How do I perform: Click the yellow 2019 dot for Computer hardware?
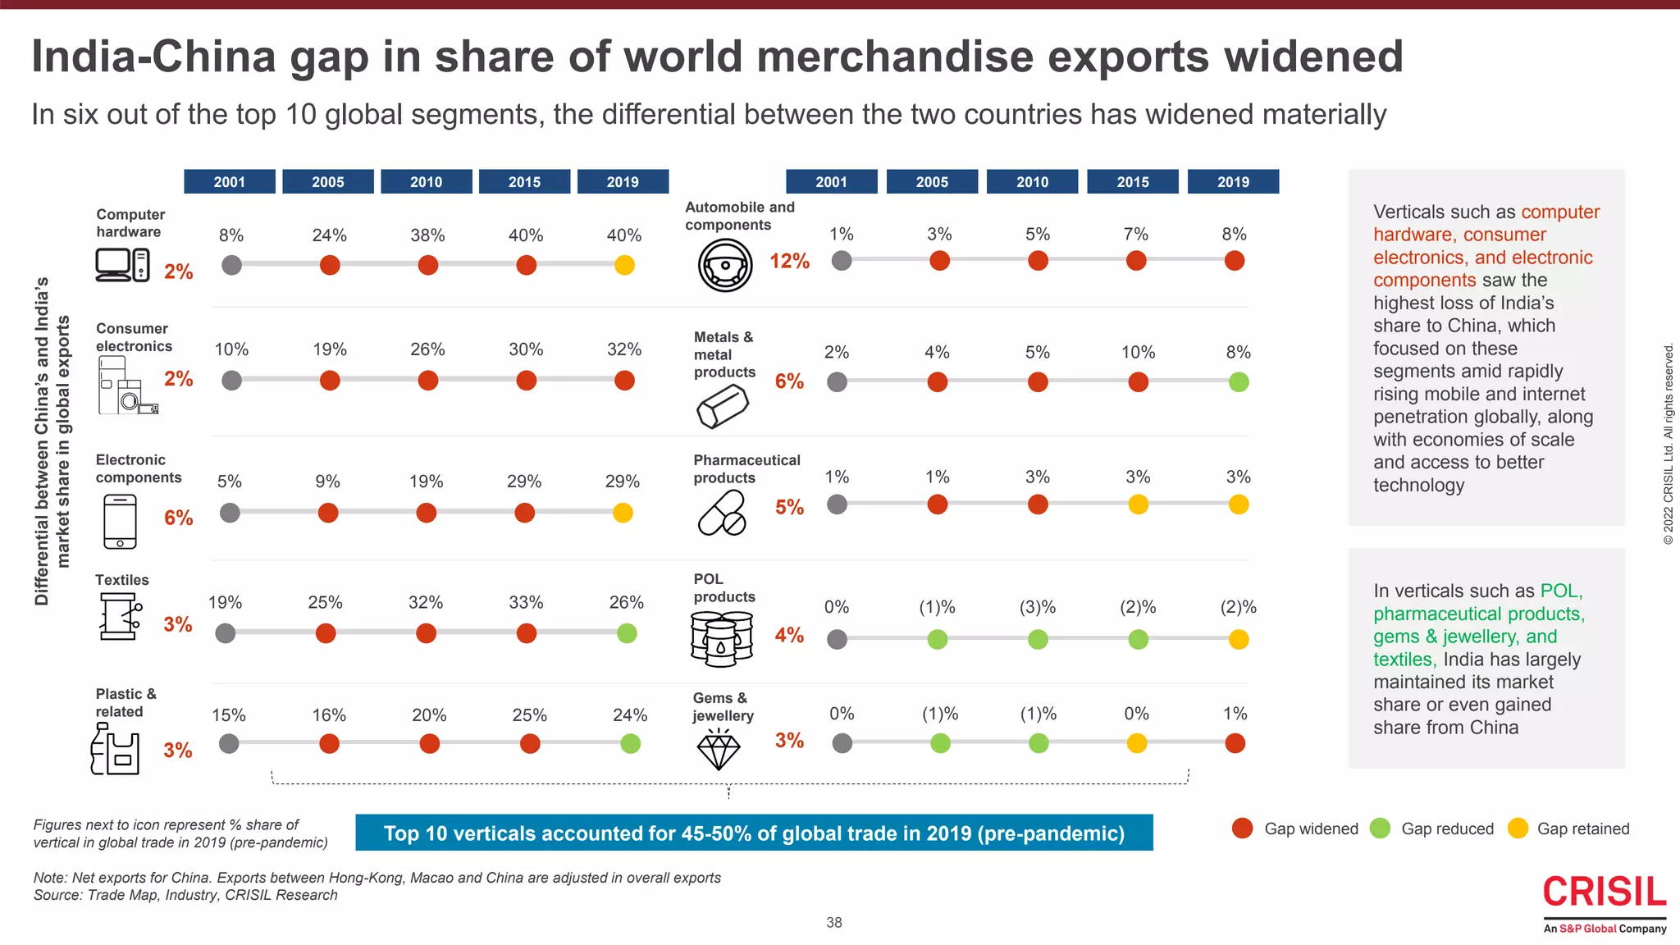624,265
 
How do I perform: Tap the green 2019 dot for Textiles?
627,633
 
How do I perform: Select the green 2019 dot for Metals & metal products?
1239,381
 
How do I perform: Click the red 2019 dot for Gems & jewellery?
1235,743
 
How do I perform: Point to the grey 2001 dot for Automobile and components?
842,261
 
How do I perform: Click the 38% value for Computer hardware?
427,235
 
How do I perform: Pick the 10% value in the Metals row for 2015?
1138,353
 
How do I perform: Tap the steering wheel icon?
725,265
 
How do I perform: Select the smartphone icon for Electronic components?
121,521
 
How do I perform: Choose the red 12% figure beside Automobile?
789,262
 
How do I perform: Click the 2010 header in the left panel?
426,181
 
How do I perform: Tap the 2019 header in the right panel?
1233,181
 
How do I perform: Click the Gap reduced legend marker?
1381,829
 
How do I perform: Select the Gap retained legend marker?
1518,829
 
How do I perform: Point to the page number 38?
834,923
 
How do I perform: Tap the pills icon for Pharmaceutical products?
722,513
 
